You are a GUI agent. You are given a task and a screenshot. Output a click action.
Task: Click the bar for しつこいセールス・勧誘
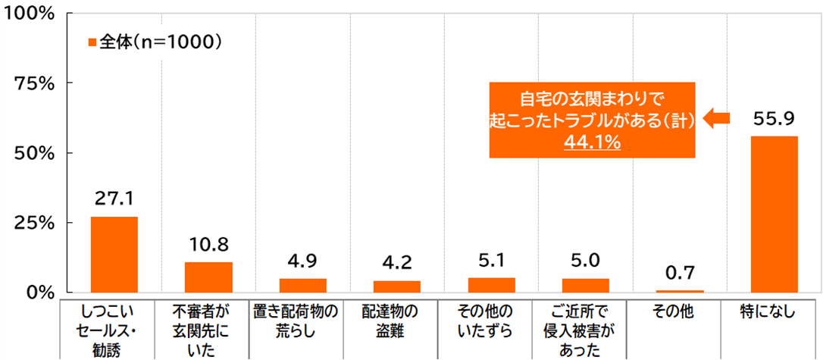[114, 255]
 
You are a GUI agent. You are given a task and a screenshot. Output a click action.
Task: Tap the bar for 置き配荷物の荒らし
[302, 286]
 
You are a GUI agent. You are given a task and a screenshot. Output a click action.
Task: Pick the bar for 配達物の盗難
[396, 286]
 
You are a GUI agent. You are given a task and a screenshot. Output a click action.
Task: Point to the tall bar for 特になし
[774, 214]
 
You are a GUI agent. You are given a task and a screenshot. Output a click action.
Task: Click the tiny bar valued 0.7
[680, 291]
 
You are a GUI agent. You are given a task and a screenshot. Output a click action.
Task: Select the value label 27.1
[114, 199]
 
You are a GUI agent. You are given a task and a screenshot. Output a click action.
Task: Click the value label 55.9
[774, 118]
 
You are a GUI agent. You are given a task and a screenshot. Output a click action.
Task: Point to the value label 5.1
[491, 261]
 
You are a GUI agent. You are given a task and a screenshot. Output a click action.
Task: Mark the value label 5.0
[585, 261]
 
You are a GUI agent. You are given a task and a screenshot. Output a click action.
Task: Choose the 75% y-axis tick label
[32, 83]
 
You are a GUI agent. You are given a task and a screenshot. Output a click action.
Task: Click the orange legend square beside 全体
[92, 43]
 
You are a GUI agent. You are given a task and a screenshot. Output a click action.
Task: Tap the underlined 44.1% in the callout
[592, 142]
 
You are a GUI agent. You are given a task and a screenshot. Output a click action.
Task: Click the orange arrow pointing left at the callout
[717, 117]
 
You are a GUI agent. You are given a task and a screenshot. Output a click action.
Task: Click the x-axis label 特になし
[774, 311]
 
